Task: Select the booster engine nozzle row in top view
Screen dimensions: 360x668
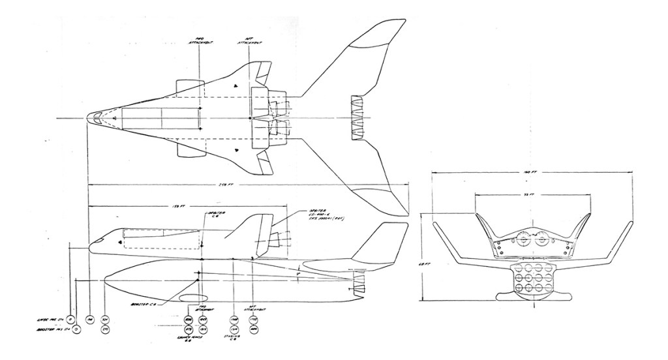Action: pos(357,118)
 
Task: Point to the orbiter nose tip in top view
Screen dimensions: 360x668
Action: pos(89,118)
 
